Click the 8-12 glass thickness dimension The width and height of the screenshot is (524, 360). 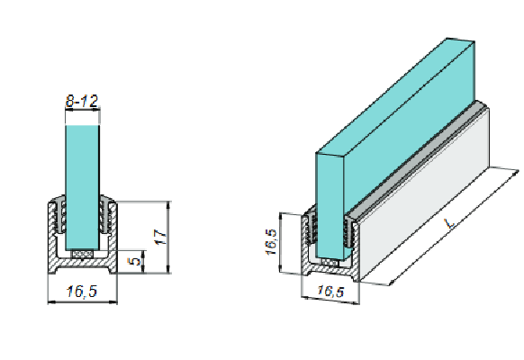click(82, 102)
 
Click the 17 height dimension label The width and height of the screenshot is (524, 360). click(159, 236)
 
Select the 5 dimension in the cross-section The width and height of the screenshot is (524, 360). click(134, 262)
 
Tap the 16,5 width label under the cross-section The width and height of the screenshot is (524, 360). click(82, 292)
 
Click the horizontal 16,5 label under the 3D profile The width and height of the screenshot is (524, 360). click(330, 292)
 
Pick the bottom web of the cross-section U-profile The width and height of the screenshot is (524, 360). click(83, 269)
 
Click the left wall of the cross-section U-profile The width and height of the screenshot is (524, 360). click(50, 238)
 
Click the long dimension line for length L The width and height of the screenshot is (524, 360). click(459, 225)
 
